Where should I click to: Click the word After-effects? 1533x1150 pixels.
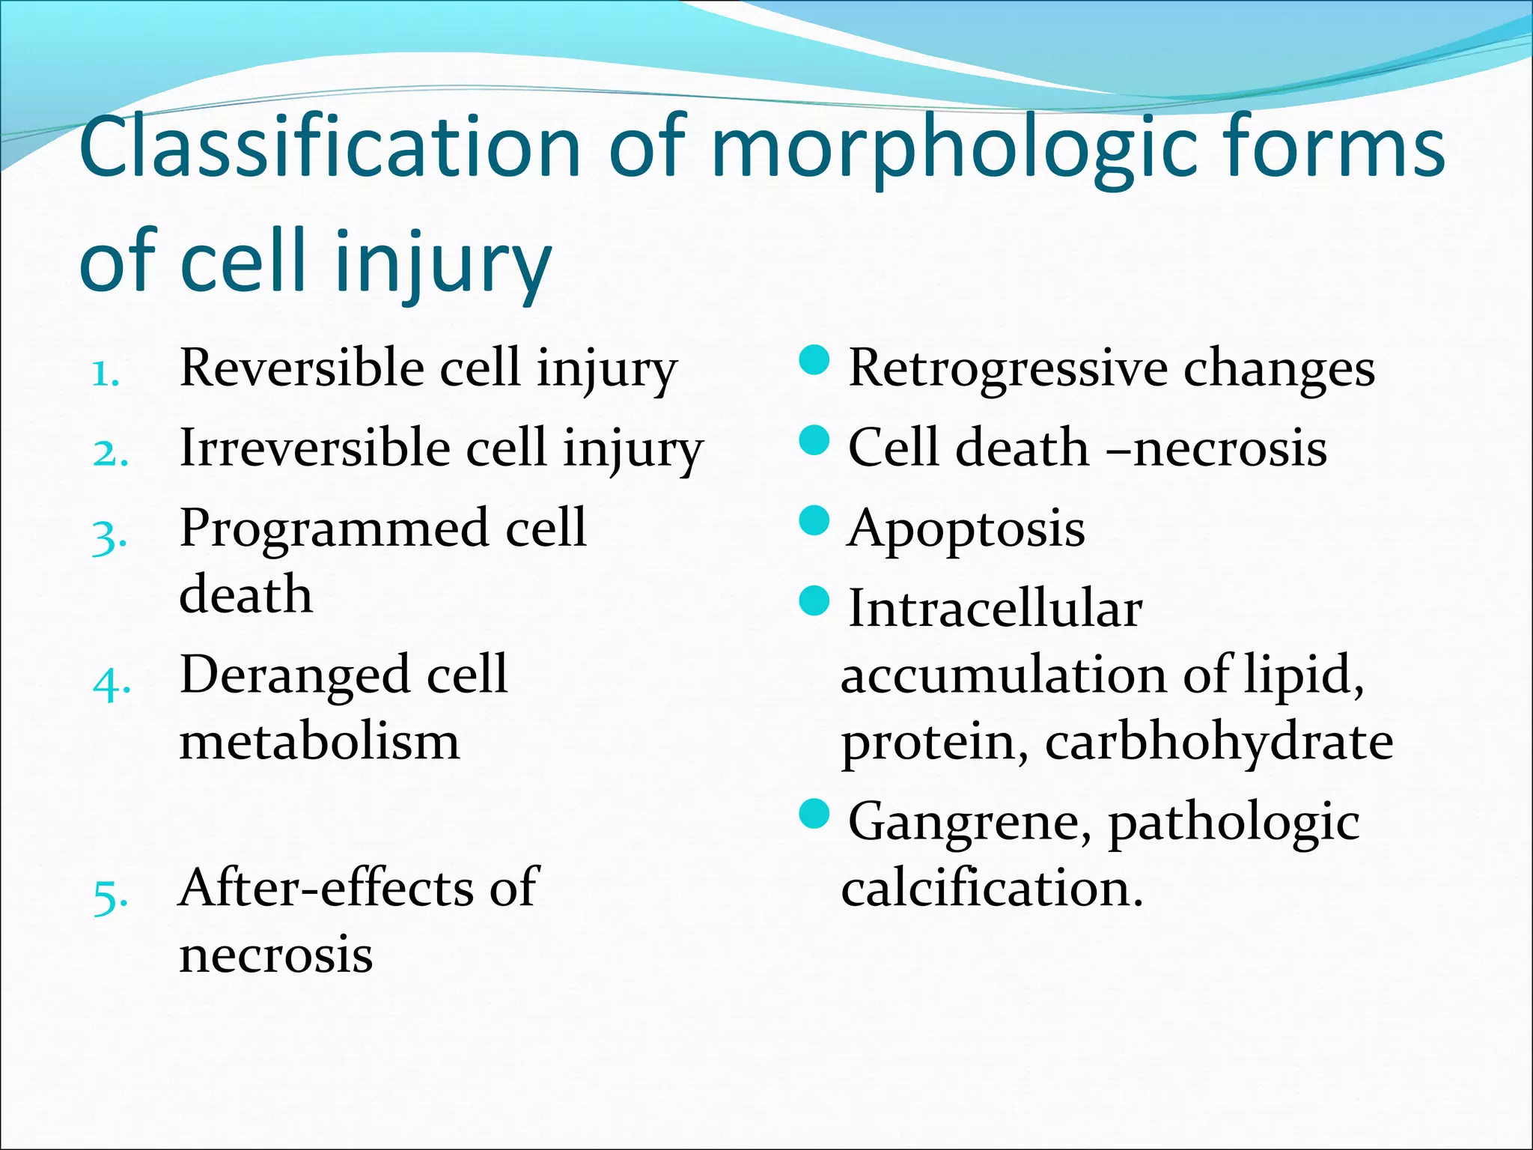click(x=326, y=888)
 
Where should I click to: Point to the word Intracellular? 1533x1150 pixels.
click(x=996, y=608)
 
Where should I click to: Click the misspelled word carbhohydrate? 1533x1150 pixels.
click(x=1219, y=743)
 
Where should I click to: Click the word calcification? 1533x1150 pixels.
click(x=992, y=889)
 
